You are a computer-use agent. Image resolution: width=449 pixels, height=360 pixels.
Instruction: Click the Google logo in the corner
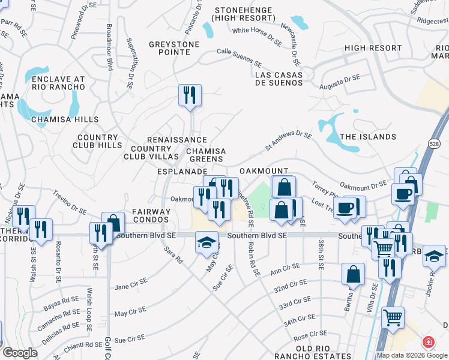(x=19, y=353)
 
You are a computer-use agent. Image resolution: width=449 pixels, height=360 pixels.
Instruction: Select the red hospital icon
(x=428, y=343)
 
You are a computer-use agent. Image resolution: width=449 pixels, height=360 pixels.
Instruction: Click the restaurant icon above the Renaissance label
(x=190, y=95)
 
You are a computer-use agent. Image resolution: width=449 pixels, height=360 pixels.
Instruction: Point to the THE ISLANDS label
(x=368, y=137)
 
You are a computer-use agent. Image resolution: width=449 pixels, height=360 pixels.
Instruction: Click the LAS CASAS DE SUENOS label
(x=279, y=79)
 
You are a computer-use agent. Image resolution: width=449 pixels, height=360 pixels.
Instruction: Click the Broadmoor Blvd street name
(x=109, y=47)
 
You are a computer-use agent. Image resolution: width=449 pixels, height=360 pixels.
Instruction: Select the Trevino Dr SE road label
(x=71, y=202)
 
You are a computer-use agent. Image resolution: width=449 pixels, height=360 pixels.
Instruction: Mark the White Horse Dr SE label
(x=257, y=36)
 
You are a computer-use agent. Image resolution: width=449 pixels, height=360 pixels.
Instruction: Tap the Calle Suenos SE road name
(x=240, y=58)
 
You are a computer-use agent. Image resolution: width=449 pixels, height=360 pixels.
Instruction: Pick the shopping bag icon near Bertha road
(x=353, y=274)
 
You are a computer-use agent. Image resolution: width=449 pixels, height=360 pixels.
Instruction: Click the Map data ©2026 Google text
(x=411, y=355)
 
